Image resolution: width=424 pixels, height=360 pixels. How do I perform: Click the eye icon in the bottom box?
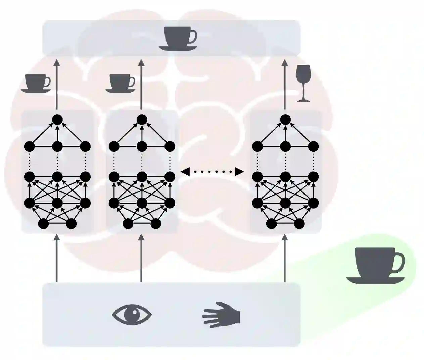[x=132, y=315]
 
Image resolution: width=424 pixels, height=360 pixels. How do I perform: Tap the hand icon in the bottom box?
[x=222, y=315]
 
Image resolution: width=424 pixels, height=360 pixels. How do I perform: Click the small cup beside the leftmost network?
[x=36, y=83]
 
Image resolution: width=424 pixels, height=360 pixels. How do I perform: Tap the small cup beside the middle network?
[x=121, y=83]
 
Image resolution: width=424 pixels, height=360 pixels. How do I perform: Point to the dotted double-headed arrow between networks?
[x=212, y=172]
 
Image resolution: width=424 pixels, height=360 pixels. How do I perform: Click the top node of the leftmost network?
[x=57, y=119]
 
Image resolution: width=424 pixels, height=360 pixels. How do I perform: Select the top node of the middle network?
[x=142, y=119]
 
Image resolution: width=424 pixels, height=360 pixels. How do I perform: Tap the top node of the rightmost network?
[x=285, y=119]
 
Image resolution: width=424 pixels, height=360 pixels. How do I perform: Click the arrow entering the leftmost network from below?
[x=57, y=259]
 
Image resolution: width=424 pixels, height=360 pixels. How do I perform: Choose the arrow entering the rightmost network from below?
[x=285, y=259]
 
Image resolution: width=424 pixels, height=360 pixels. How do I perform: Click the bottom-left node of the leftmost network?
[x=43, y=223]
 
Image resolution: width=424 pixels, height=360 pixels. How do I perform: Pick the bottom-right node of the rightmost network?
[x=299, y=223]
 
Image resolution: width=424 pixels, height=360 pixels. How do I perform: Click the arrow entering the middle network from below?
[x=141, y=259]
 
